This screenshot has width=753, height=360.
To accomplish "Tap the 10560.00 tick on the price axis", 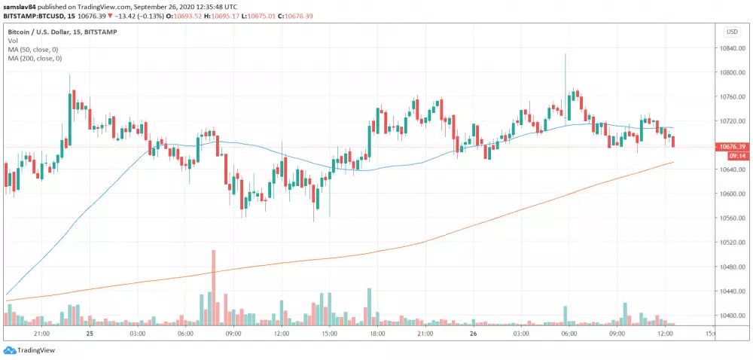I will (733, 218).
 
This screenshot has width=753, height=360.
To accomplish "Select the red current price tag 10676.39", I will (733, 146).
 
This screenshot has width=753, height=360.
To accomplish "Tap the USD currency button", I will (731, 32).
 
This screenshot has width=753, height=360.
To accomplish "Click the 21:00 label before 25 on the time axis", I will (41, 333).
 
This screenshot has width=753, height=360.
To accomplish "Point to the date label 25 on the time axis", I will (90, 333).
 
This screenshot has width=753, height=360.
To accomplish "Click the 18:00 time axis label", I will (377, 333).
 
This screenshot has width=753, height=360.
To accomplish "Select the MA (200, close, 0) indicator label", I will (36, 58).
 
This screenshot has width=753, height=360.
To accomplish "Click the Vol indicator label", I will (13, 41).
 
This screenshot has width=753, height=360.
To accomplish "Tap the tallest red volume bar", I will (214, 286).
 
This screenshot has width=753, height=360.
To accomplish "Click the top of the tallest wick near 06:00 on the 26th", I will (565, 55).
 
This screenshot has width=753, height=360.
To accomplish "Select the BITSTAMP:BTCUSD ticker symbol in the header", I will (32, 15).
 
